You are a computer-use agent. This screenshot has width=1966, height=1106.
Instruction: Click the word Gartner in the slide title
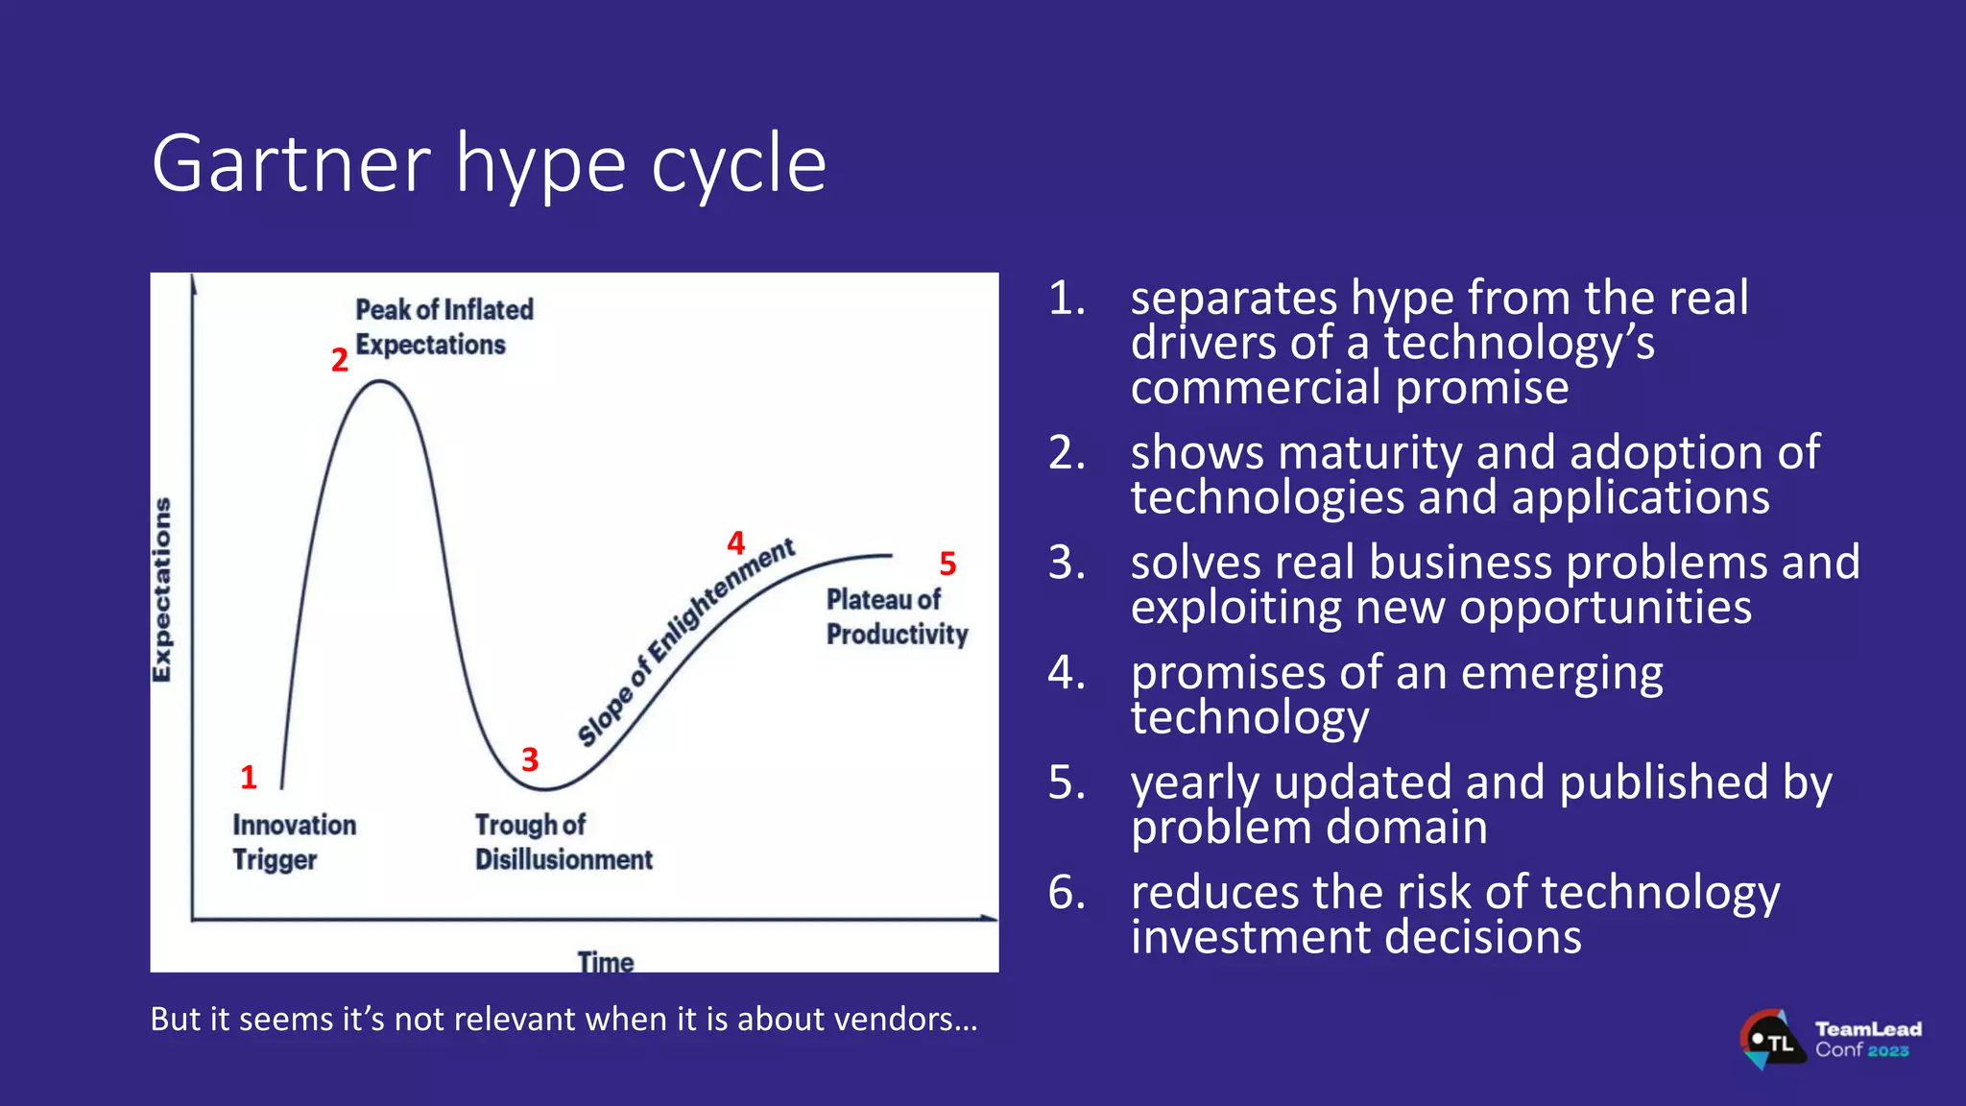tap(291, 164)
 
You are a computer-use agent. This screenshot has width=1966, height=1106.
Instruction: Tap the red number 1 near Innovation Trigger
tap(249, 777)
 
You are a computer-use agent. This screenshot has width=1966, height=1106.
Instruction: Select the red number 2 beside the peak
tap(339, 360)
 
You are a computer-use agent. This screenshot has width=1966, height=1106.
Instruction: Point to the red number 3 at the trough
tap(530, 759)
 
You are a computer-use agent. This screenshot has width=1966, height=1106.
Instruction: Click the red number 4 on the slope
tap(736, 543)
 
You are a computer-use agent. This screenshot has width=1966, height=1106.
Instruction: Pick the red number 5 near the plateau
tap(947, 564)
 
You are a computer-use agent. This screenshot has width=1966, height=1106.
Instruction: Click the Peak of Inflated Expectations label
tap(443, 326)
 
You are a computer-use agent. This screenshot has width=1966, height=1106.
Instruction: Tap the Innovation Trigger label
tap(293, 841)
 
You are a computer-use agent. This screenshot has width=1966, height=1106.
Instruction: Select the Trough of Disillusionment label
tap(563, 841)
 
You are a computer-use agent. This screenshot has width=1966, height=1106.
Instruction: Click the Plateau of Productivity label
tap(896, 616)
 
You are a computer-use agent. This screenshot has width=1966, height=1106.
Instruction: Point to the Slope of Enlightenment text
tap(684, 642)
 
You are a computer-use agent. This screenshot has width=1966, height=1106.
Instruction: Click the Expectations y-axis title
tap(162, 589)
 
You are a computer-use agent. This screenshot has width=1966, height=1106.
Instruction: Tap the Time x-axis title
tap(605, 961)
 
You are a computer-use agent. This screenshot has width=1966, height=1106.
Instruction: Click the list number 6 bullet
tap(1067, 892)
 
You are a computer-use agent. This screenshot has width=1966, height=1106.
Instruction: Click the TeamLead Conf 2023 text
tap(1867, 1039)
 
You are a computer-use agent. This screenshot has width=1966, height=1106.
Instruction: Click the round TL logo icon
tap(1769, 1040)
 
